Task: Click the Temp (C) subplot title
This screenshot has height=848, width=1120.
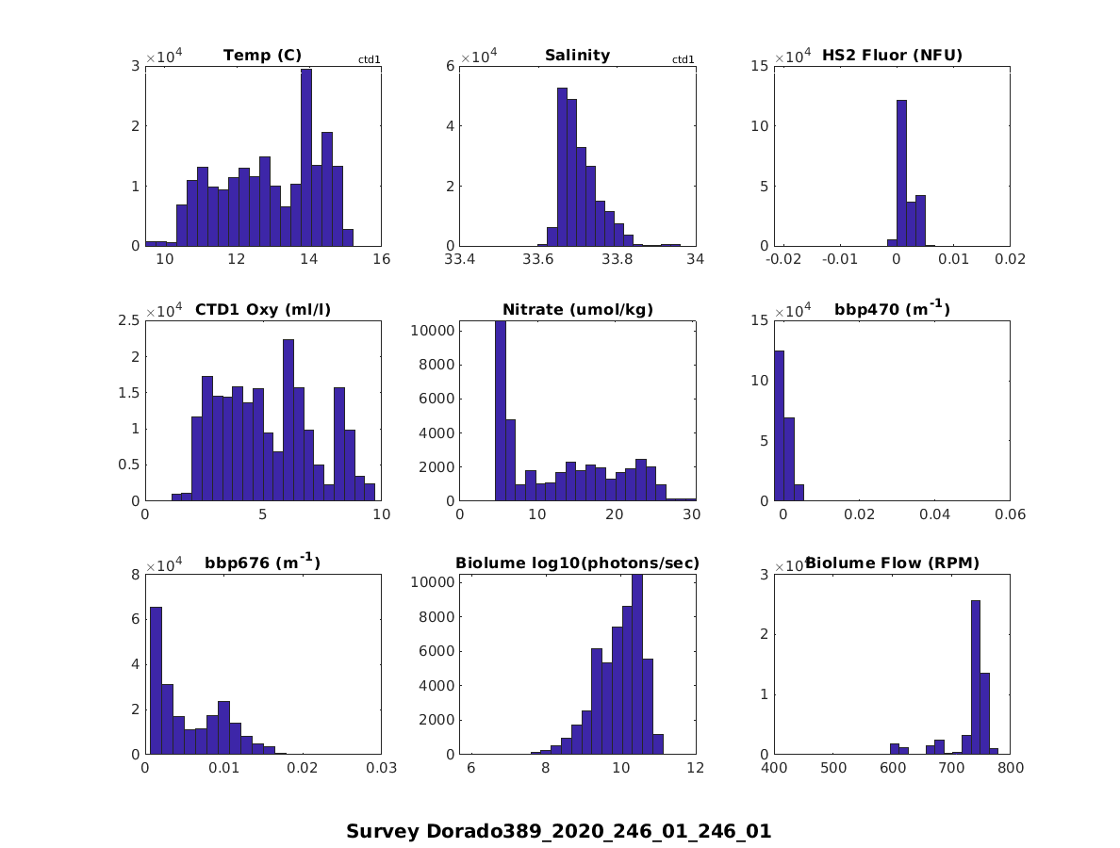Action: coord(262,56)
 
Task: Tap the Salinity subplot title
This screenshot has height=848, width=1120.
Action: coord(577,56)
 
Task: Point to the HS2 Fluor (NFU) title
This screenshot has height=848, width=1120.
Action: coord(892,56)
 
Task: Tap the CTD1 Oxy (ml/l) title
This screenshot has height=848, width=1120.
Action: coord(263,309)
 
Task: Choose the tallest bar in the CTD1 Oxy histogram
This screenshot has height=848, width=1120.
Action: coord(288,420)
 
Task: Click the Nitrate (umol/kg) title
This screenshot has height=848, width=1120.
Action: coord(578,309)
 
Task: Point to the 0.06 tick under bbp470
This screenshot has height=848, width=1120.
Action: coord(1010,514)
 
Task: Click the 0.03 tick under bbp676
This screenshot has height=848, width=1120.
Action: coord(381,768)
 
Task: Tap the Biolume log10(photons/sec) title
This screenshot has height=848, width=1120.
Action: coord(577,563)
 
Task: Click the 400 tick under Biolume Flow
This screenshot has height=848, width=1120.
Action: coord(774,768)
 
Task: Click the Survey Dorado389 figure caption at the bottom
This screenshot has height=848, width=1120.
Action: coord(558,832)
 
